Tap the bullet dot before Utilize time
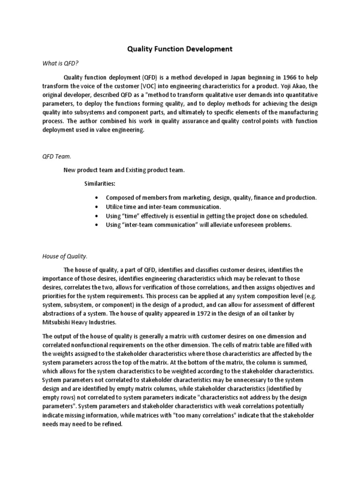pos(96,207)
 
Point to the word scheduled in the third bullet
pos(292,216)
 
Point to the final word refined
pos(110,425)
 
